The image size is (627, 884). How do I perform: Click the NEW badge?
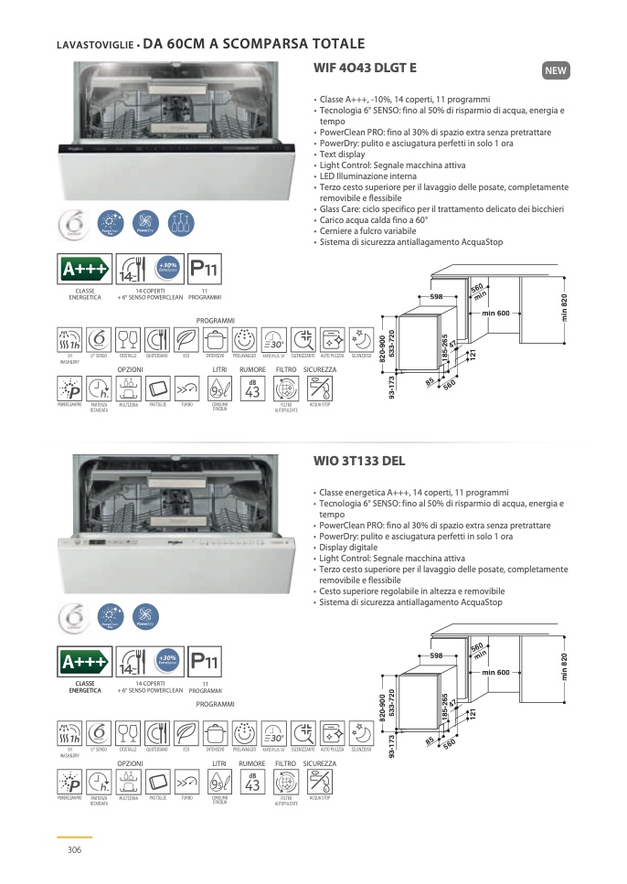point(556,70)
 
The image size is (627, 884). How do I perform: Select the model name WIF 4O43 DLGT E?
point(365,68)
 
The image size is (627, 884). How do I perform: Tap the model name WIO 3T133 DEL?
point(358,461)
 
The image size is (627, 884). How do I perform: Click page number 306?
point(75,849)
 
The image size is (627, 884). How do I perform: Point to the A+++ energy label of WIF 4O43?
point(84,272)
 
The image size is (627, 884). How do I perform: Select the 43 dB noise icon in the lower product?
point(253,783)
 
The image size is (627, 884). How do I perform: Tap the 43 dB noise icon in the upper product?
point(253,389)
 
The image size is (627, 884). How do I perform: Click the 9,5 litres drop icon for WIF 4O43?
point(219,389)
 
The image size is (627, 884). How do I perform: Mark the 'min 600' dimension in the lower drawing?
point(495,673)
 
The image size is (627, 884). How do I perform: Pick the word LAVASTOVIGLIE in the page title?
point(94,45)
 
